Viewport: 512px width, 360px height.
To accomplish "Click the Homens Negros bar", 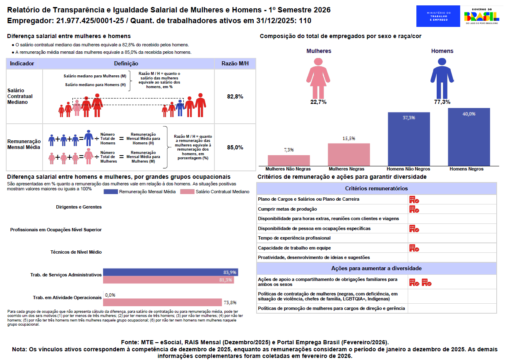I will (x=469, y=137).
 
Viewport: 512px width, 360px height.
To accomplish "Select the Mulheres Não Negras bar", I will (x=288, y=161).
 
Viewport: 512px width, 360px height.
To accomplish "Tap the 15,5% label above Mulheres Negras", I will (x=349, y=139).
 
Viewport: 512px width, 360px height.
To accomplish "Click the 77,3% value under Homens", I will (x=442, y=102).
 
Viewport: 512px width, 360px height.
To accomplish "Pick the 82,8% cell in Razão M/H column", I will (x=235, y=96).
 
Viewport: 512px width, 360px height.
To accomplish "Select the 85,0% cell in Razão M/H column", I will (x=235, y=147).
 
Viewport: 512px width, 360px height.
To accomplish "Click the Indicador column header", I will (x=22, y=64).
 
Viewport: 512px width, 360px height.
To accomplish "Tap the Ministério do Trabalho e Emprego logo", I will (x=438, y=16).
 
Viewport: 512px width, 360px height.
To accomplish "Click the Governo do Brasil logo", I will (x=481, y=16).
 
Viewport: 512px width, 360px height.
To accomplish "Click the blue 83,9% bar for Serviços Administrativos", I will (x=170, y=272).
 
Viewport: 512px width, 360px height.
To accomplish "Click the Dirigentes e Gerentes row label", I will (x=79, y=207).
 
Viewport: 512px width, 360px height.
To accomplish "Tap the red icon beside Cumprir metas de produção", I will (x=414, y=209).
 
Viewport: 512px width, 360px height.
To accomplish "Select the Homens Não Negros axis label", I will (x=408, y=169).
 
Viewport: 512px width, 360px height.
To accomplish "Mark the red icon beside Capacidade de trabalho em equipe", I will (x=414, y=248).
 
